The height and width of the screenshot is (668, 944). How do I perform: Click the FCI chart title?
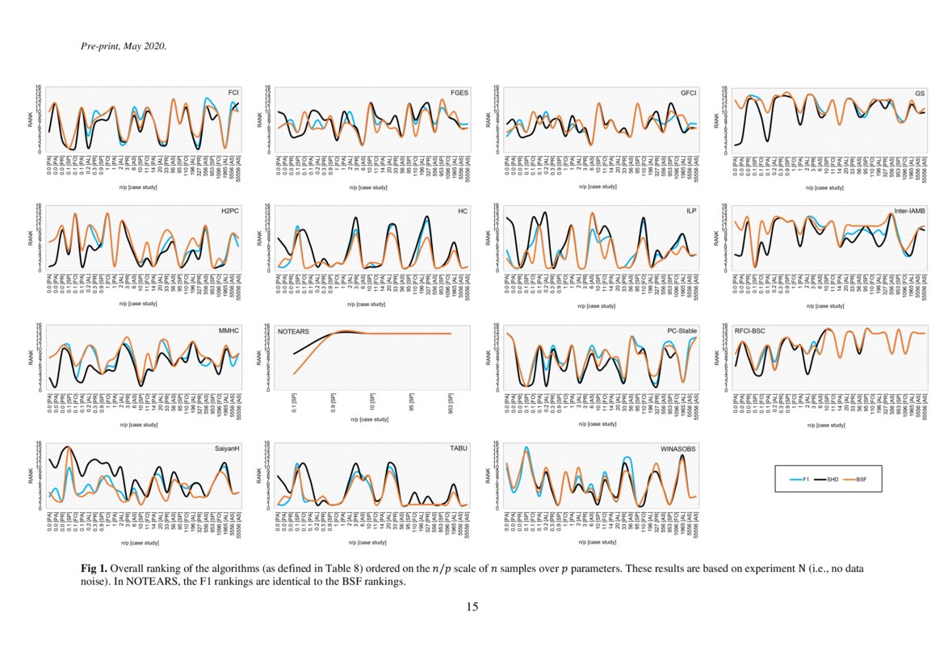coord(234,93)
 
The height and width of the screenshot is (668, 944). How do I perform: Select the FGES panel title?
coord(459,93)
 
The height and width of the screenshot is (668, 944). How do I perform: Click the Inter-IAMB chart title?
coord(909,212)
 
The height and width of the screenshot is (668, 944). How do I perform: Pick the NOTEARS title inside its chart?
coord(294,332)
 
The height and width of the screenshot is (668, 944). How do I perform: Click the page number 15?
coord(472,607)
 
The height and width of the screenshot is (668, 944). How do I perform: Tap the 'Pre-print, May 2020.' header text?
coord(124,46)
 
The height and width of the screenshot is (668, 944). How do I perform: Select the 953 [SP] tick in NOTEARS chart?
coord(450,401)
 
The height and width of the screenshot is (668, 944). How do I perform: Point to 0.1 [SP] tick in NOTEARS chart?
coord(294,401)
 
